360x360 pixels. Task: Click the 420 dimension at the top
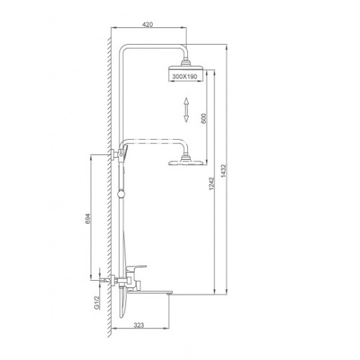(148, 24)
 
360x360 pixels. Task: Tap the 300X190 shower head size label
(185, 76)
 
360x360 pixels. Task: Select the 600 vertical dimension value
(204, 118)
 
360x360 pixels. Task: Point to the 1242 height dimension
(211, 184)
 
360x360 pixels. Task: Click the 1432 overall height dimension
(223, 171)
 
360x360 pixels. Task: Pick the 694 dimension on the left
(88, 219)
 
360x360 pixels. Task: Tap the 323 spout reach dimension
(139, 325)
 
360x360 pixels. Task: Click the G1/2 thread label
(96, 302)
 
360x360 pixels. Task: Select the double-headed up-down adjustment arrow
(186, 109)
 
